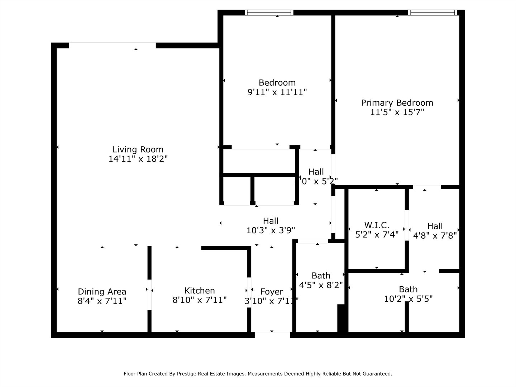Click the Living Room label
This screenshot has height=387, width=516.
pos(138,149)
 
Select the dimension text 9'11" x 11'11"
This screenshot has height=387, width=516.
pos(277,92)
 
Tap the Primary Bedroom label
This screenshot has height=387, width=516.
pos(397,103)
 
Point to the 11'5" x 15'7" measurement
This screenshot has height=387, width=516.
pos(397,112)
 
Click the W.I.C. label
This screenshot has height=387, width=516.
pos(377,225)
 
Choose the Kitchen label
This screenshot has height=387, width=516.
pos(200,291)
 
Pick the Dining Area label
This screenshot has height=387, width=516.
pos(102,292)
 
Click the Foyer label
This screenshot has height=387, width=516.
pos(272,292)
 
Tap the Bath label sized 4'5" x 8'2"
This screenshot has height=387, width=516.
pos(321,276)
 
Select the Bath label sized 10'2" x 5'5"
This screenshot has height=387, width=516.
pos(408,289)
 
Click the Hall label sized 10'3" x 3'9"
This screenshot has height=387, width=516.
pos(271,221)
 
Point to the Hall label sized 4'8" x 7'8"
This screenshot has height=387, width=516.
pos(435,226)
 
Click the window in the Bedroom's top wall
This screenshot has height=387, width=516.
pos(269,13)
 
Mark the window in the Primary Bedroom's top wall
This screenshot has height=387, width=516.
pos(433,13)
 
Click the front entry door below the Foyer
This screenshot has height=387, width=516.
pos(272,335)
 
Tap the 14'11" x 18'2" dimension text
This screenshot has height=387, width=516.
pos(138,159)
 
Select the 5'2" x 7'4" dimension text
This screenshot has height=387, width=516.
pos(377,235)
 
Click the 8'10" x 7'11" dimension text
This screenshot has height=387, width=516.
pos(200,300)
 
